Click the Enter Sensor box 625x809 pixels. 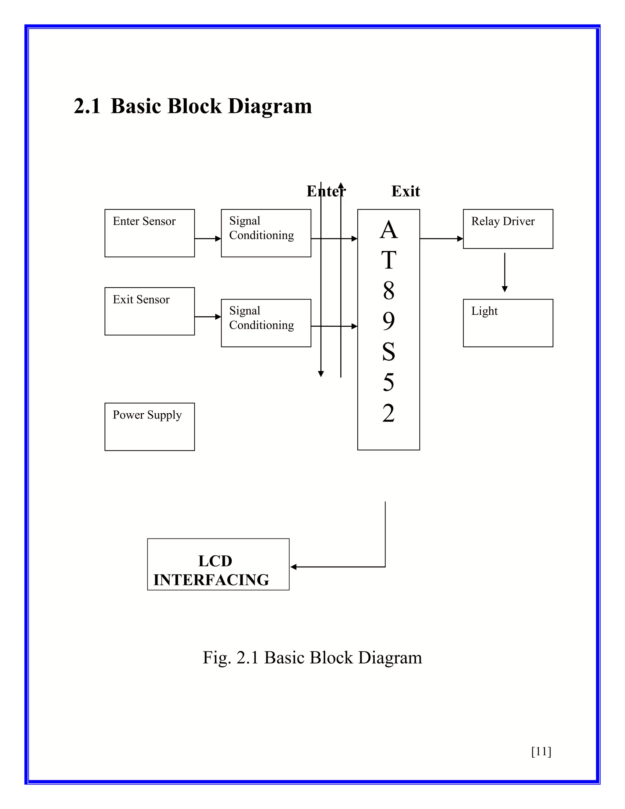click(x=150, y=233)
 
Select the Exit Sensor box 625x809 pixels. click(x=150, y=311)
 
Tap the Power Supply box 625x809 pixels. click(x=150, y=426)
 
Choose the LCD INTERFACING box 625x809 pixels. click(x=218, y=564)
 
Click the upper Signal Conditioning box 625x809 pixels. click(x=266, y=233)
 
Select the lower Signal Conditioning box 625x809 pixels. click(x=266, y=323)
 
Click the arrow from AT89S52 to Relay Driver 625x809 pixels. click(x=441, y=238)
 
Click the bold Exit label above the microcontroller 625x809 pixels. click(x=406, y=191)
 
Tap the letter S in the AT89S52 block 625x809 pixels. click(x=388, y=351)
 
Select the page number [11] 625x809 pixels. click(x=541, y=751)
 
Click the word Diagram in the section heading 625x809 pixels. click(x=269, y=106)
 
